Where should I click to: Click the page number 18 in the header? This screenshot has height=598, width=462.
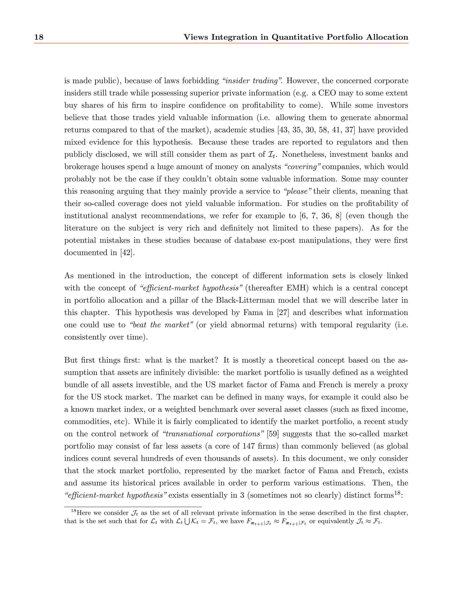pyautogui.click(x=39, y=37)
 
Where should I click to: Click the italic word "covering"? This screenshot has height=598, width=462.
pyautogui.click(x=302, y=167)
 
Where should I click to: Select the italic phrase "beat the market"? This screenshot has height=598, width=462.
pyautogui.click(x=161, y=325)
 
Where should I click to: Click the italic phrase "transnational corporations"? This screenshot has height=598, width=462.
pyautogui.click(x=213, y=434)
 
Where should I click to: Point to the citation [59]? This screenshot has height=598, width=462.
pyautogui.click(x=274, y=434)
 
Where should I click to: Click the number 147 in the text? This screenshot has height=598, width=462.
pyautogui.click(x=249, y=446)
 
